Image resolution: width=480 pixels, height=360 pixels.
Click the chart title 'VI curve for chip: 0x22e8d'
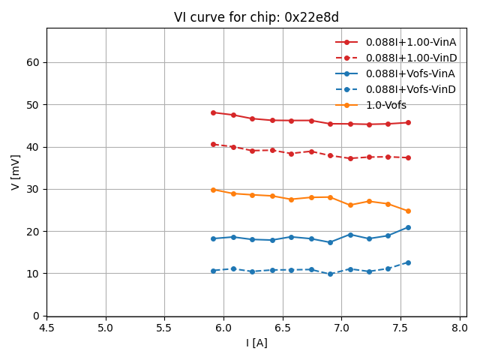click(x=256, y=17)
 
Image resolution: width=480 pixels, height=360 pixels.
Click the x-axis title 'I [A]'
click(x=256, y=343)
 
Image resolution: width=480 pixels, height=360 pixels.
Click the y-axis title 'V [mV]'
click(x=16, y=172)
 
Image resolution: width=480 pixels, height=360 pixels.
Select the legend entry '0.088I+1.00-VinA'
click(x=410, y=42)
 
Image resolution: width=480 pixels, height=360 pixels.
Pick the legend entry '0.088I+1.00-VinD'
click(x=410, y=58)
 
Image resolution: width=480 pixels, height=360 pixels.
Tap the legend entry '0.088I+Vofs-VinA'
click(x=410, y=73)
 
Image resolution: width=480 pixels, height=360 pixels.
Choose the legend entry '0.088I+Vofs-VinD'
click(x=410, y=89)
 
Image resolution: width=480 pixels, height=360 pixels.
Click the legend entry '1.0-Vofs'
click(x=386, y=105)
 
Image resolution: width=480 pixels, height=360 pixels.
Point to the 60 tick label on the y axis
click(x=33, y=62)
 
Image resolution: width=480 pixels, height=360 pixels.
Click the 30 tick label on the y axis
click(x=33, y=189)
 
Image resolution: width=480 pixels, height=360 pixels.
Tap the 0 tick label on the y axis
click(x=36, y=316)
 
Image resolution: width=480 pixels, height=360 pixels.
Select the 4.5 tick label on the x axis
click(x=46, y=328)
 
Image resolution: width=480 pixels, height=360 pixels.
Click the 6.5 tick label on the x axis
click(x=283, y=328)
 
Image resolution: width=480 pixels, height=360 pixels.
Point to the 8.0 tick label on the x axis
click(x=460, y=328)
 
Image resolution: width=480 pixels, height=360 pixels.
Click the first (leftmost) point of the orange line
click(x=213, y=190)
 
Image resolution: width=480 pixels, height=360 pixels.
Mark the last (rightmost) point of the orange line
click(x=408, y=211)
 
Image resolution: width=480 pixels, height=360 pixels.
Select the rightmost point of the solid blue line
click(x=408, y=227)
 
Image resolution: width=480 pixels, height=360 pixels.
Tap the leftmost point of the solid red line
click(x=213, y=112)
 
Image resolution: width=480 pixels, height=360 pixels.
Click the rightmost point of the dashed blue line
click(x=408, y=262)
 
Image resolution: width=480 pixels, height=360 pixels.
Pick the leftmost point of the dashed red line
click(x=213, y=144)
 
